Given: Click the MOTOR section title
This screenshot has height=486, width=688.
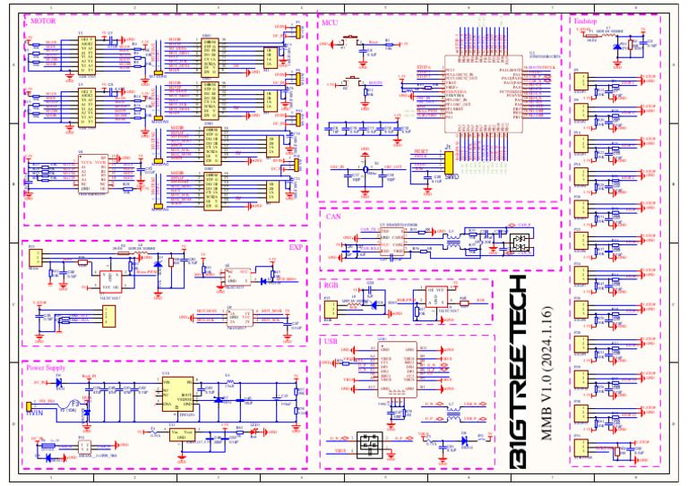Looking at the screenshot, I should click(42, 20).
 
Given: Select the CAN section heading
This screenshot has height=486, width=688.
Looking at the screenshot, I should click(333, 217).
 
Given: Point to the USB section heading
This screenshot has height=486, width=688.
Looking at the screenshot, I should click(332, 341).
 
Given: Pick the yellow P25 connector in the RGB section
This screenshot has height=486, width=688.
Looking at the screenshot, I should click(330, 309).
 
